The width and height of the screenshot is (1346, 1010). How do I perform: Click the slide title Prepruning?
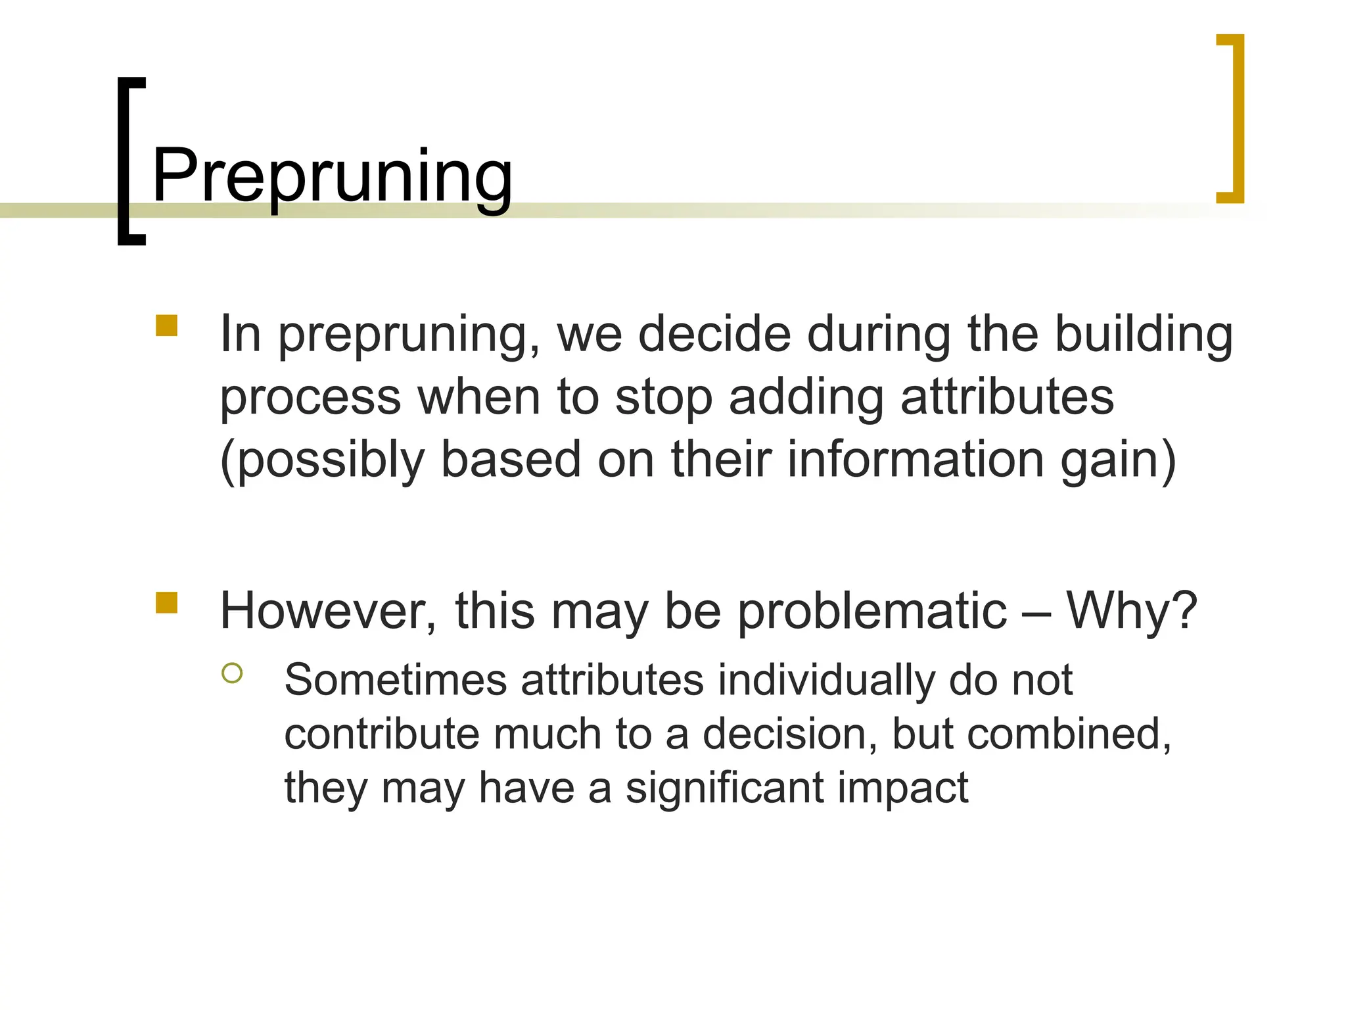click(332, 176)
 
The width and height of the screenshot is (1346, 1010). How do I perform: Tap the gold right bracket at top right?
click(1235, 118)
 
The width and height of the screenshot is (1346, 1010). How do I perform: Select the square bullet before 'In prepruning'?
click(167, 325)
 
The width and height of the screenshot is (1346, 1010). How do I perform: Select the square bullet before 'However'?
click(167, 602)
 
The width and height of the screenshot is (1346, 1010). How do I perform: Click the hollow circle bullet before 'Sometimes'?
click(232, 673)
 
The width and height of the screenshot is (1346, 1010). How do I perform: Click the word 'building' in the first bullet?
click(1144, 335)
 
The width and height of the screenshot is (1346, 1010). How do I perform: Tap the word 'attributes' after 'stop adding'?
click(1007, 397)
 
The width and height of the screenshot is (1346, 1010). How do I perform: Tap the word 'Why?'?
click(1131, 612)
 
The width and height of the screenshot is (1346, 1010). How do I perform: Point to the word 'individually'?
click(825, 681)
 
